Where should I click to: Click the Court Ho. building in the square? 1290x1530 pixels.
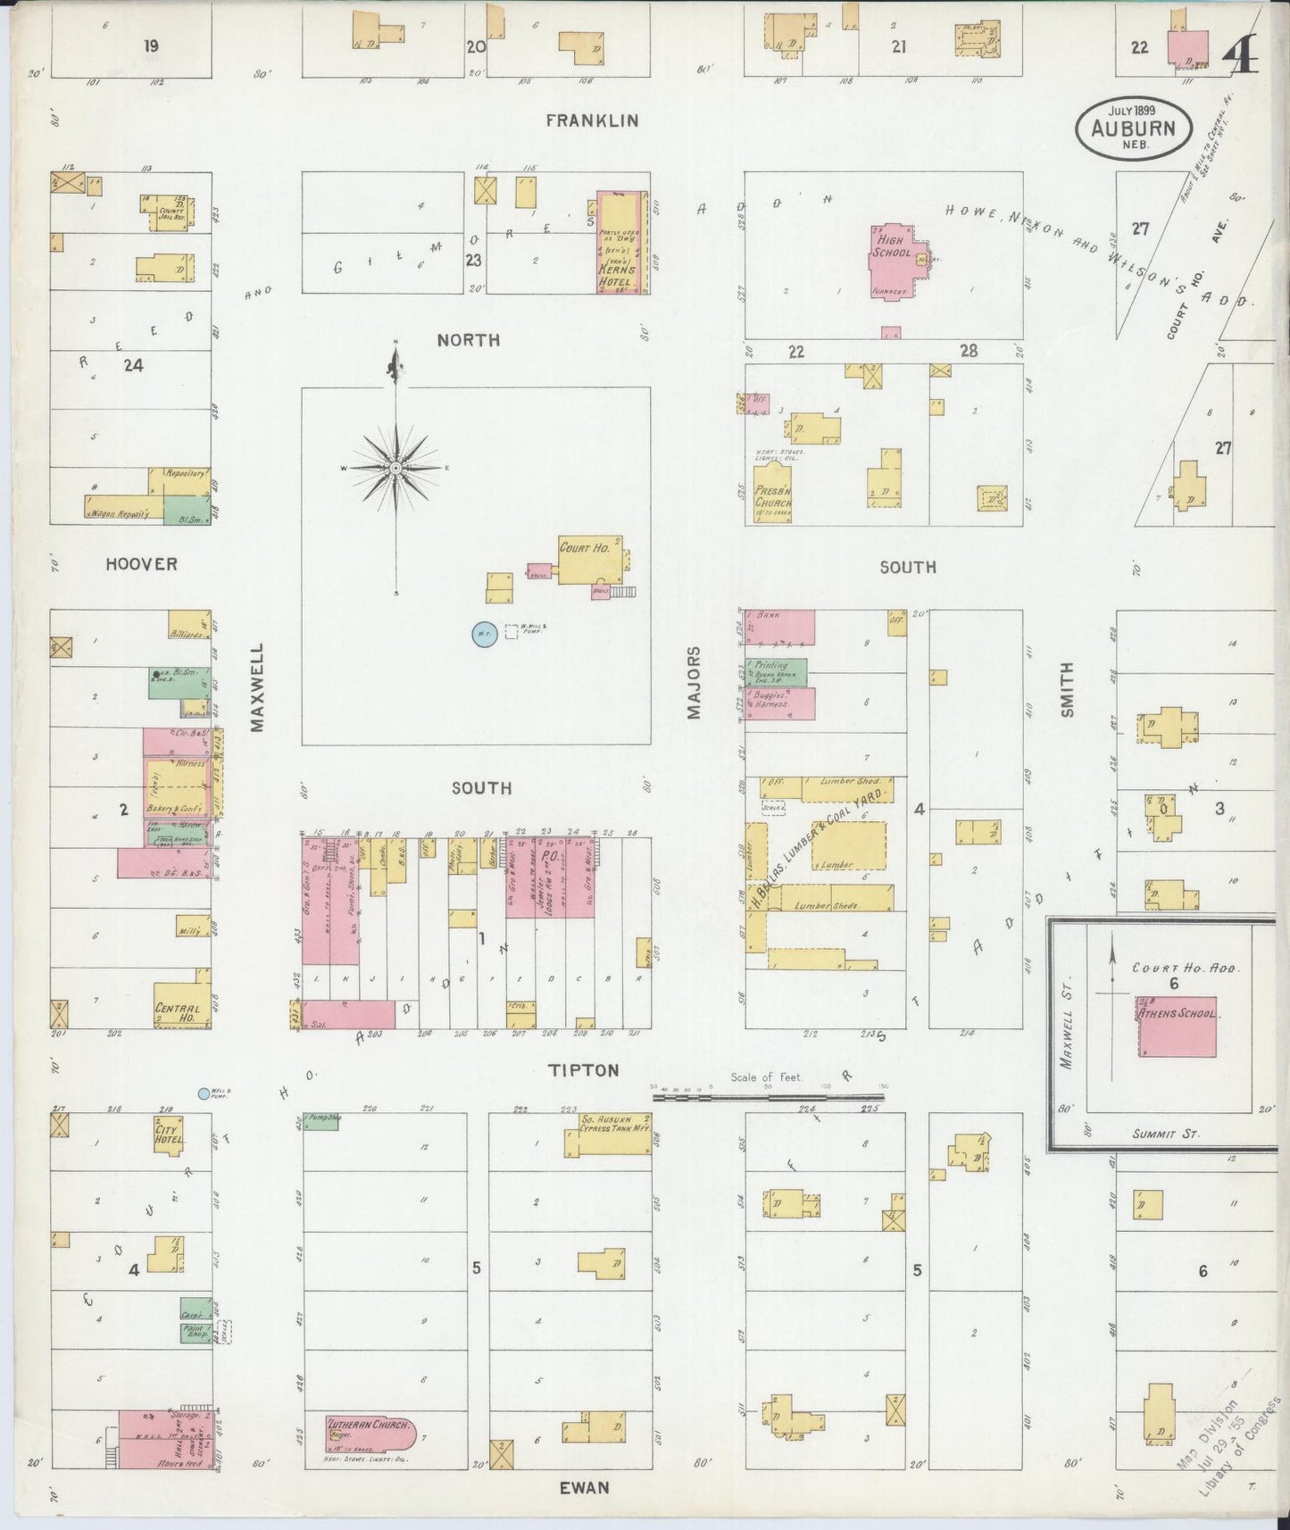click(588, 561)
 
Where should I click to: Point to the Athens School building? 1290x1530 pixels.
click(1175, 1025)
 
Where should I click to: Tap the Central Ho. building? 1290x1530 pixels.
click(181, 1005)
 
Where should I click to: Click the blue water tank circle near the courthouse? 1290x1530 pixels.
click(483, 634)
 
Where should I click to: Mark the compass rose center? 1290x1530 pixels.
click(395, 468)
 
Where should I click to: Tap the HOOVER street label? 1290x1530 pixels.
click(141, 564)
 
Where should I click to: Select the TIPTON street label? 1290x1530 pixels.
click(584, 1069)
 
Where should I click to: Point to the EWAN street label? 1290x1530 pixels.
click(584, 1487)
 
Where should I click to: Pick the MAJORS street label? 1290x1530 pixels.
click(694, 683)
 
